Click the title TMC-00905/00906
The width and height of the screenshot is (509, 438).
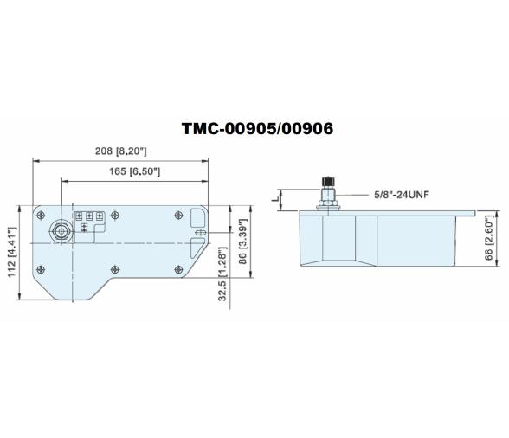[x=257, y=128]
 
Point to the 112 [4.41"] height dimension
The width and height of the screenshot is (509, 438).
[x=12, y=254]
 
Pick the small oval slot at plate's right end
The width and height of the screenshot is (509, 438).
[x=199, y=232]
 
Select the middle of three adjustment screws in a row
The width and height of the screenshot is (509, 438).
[x=88, y=216]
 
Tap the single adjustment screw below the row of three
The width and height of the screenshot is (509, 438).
[x=84, y=228]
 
